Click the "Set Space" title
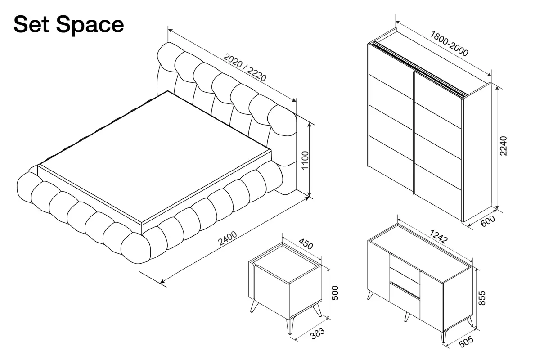coord(69,25)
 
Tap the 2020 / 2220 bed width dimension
coord(245,67)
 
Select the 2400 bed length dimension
coord(228,238)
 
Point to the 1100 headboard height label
coord(305,160)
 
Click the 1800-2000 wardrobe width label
coord(449,44)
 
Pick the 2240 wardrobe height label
coord(504,146)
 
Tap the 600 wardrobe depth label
coord(488,221)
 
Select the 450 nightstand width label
coord(306,243)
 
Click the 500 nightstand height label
coord(335,293)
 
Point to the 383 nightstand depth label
coord(318,334)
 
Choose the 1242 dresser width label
coord(439,236)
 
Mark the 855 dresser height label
coord(481,298)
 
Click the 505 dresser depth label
coord(467,342)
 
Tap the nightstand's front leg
coord(290,326)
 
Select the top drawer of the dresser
coord(405,263)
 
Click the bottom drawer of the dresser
coord(405,301)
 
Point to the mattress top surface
coord(154,157)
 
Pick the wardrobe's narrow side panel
coord(477,152)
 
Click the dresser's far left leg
coord(370,295)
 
